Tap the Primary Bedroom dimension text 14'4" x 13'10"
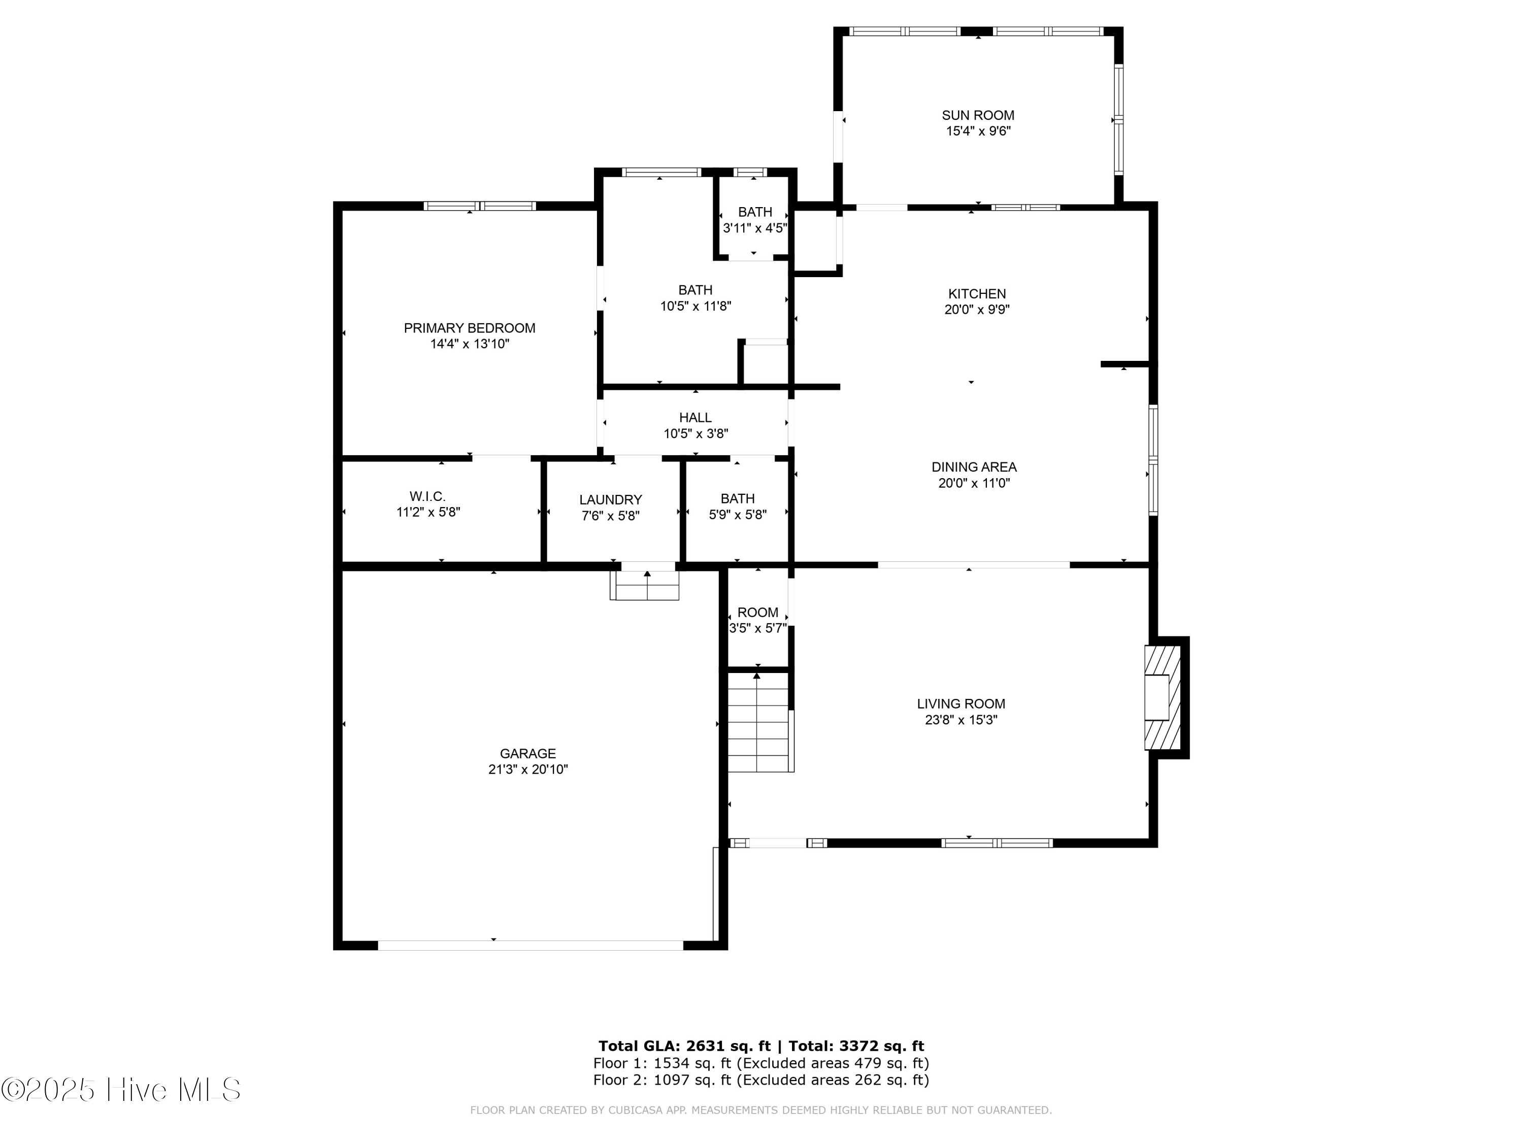coord(470,344)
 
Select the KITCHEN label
coord(976,294)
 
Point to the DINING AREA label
coord(974,467)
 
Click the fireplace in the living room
coord(1162,697)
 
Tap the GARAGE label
coord(527,754)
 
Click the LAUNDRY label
coord(610,500)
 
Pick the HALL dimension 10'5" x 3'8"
coord(696,433)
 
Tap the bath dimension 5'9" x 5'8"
coord(738,514)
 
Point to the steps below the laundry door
coord(644,587)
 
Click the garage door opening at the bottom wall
coord(530,945)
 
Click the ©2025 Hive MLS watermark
coord(121,1090)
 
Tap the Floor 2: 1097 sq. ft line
coord(761,1080)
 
